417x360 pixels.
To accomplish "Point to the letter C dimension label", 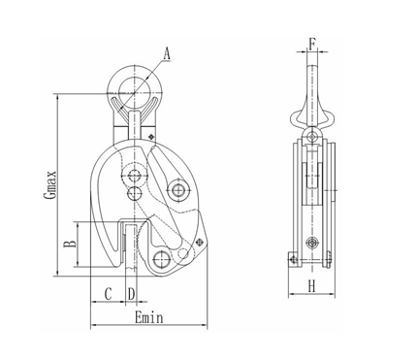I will (x=109, y=292).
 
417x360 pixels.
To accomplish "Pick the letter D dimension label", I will (x=131, y=292).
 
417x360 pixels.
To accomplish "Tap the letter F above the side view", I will (x=311, y=42).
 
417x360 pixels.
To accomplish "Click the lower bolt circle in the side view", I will (x=311, y=242).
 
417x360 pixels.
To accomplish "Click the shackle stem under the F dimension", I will (x=311, y=82).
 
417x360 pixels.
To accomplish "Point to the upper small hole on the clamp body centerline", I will (x=132, y=175).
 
